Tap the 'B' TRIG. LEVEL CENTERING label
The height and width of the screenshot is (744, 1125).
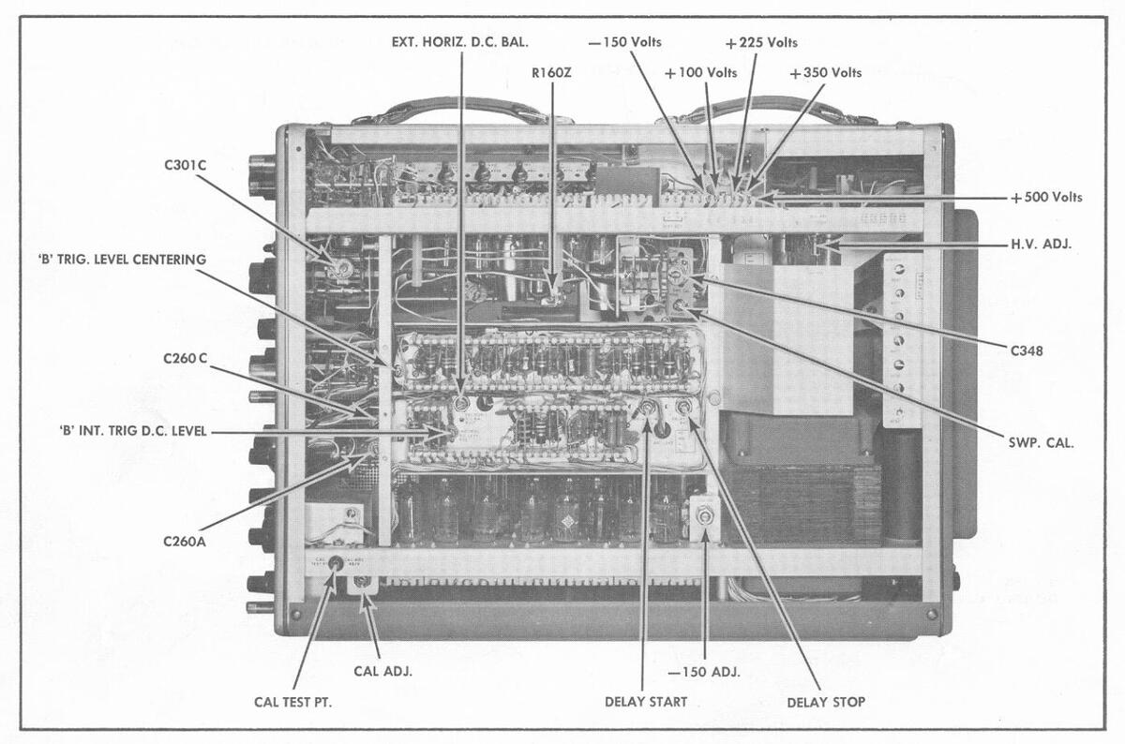[113, 260]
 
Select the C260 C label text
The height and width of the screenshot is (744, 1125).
[185, 358]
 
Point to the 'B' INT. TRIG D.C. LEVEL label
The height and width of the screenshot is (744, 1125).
[131, 431]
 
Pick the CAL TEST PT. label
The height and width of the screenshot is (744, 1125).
[292, 701]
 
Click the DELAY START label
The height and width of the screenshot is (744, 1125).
[645, 701]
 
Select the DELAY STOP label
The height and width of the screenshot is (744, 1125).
[825, 701]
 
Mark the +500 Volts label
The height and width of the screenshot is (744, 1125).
[1046, 198]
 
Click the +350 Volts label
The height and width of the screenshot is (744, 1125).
[825, 73]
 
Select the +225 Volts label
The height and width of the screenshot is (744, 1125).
[761, 43]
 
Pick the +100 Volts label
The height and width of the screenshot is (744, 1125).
[700, 73]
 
